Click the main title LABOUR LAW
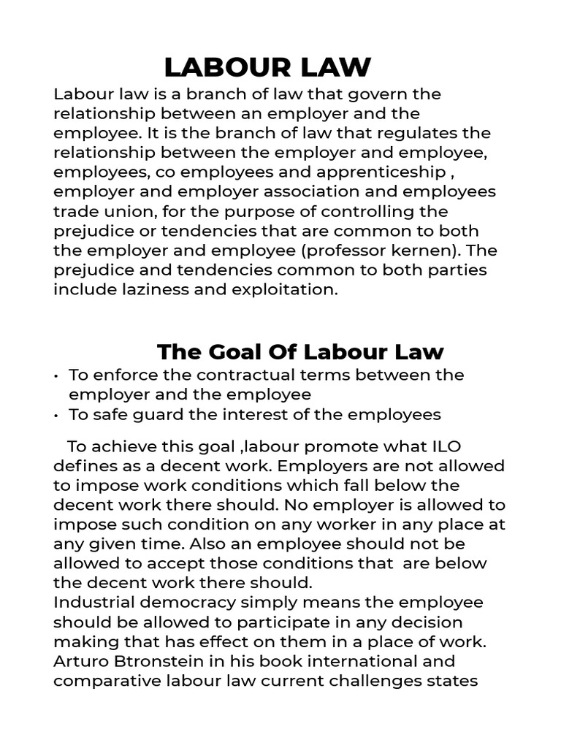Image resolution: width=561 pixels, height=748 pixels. (x=267, y=67)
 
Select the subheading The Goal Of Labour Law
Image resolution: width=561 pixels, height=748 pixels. (x=300, y=351)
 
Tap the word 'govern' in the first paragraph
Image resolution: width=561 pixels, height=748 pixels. (x=375, y=94)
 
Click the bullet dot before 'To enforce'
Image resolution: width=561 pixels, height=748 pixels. (x=56, y=375)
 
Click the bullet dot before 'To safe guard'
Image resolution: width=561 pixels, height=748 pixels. (x=56, y=415)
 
